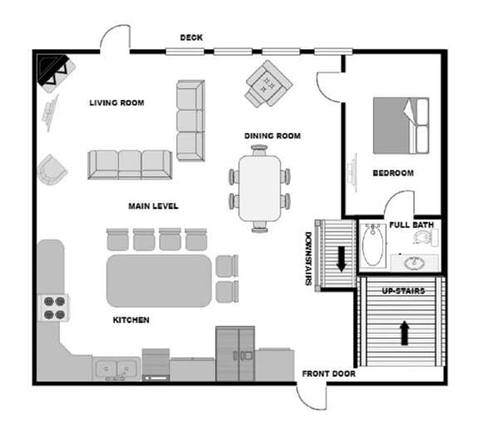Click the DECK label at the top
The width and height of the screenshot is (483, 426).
click(x=191, y=37)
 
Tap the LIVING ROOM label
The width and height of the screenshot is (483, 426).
click(x=116, y=103)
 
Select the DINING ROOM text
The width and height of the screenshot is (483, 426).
click(x=272, y=136)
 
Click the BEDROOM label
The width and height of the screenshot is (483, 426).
click(x=393, y=173)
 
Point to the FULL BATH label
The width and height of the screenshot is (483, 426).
click(x=412, y=225)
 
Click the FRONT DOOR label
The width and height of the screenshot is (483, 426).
click(x=328, y=374)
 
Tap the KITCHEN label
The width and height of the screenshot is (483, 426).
click(x=131, y=319)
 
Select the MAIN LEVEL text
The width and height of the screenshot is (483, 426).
click(x=153, y=206)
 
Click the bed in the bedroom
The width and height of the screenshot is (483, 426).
click(x=401, y=125)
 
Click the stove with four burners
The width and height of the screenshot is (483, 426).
click(x=54, y=309)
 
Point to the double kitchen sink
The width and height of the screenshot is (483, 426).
click(x=116, y=367)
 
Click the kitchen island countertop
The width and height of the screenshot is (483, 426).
click(x=159, y=280)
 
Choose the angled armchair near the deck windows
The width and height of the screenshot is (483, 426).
click(x=268, y=83)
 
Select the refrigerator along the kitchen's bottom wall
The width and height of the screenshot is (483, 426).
click(x=234, y=353)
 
